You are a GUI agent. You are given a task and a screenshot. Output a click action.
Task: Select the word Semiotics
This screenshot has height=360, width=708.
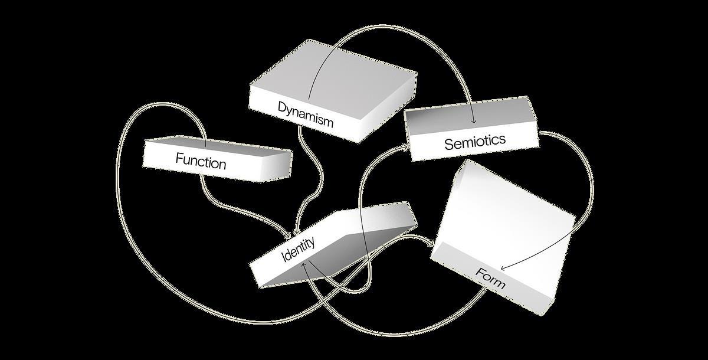475,142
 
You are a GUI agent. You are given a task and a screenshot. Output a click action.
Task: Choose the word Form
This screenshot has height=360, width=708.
490,279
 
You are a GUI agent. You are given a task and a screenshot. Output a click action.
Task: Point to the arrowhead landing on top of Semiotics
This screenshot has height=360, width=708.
474,123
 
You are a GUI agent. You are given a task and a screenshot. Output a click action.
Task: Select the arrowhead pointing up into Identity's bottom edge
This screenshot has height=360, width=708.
304,266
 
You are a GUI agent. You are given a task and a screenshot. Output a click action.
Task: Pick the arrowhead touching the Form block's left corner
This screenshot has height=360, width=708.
434,244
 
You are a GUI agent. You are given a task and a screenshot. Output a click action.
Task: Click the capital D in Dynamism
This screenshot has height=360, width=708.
282,107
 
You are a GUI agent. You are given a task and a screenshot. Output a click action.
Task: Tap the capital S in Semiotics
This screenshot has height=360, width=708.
448,144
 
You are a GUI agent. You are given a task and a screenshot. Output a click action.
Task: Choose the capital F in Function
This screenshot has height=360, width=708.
179,158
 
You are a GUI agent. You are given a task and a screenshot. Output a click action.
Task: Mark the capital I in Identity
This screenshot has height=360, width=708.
284,258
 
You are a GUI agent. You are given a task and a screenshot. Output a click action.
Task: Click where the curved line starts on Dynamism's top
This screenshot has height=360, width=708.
309,99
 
